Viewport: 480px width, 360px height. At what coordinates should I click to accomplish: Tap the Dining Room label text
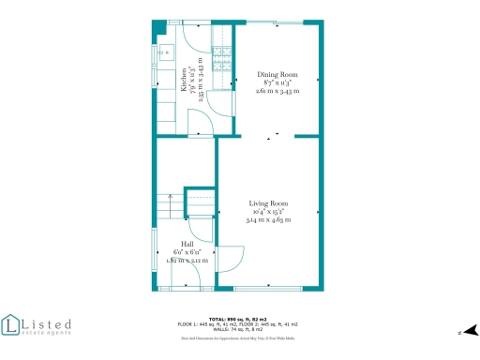point(277,74)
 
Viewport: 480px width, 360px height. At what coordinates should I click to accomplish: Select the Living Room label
point(268,203)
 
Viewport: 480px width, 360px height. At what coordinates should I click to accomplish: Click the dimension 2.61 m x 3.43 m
point(277,92)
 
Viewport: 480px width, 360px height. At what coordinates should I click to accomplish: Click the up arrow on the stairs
point(169,197)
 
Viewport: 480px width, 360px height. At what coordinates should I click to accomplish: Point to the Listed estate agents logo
point(37,325)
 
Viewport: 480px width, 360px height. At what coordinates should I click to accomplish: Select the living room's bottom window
point(268,287)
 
